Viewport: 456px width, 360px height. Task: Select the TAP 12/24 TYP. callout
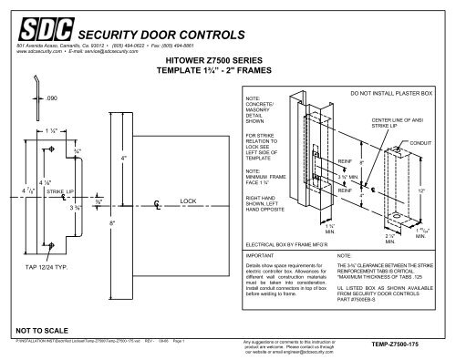point(42,266)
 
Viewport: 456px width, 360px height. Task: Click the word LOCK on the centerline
point(189,199)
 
